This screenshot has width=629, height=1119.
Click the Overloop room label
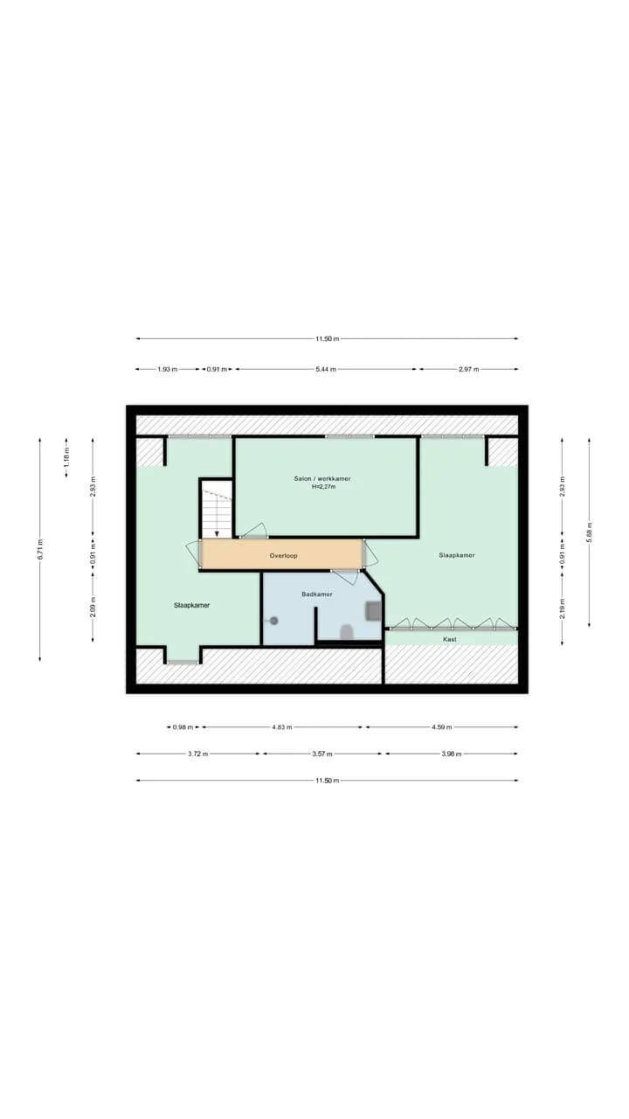283,555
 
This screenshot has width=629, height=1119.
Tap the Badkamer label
316,594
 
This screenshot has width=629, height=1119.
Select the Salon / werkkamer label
322,478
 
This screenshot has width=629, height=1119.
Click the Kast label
449,639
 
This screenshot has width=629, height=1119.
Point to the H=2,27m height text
323,487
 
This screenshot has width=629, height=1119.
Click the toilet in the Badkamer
347,632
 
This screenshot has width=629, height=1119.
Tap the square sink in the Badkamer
373,611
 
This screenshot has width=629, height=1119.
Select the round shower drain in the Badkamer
273,621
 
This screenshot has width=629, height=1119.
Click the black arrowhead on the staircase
217,534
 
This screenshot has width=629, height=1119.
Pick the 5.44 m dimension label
326,369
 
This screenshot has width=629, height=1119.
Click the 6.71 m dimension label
40,549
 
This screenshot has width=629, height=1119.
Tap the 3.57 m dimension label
322,754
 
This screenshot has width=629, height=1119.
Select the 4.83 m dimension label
281,727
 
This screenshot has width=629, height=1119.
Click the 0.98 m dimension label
183,727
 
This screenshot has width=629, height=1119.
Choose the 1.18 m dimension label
66,456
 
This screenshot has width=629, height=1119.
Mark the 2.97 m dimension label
468,369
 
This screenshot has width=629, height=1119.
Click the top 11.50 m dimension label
327,338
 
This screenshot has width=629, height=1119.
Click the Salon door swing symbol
254,530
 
